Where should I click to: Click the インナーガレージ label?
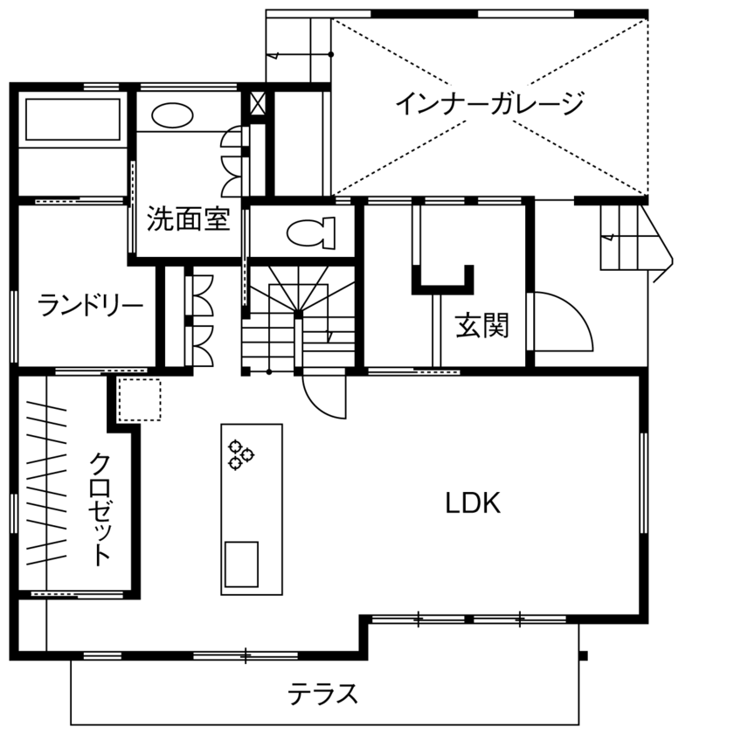coord(488,104)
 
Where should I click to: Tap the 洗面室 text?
coord(188,218)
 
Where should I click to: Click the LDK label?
coord(472,503)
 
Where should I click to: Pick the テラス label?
coord(323,695)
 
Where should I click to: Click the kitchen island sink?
coord(242,564)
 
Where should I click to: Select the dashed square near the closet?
coord(139,401)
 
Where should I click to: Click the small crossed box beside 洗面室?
coord(259,103)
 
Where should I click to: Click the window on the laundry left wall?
coord(14,324)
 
